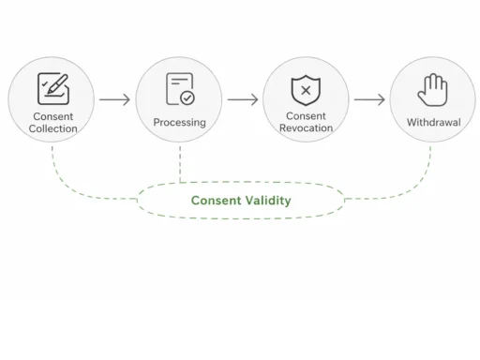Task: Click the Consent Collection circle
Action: pyautogui.click(x=52, y=99)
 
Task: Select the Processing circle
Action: pyautogui.click(x=179, y=99)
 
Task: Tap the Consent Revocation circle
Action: pyautogui.click(x=306, y=99)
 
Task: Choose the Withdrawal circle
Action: pyautogui.click(x=432, y=99)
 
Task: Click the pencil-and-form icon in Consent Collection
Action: pyautogui.click(x=52, y=88)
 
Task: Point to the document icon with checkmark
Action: pyautogui.click(x=179, y=89)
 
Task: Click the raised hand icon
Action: pyautogui.click(x=432, y=90)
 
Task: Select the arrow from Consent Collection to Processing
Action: pyautogui.click(x=114, y=99)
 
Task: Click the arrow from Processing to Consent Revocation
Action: pyautogui.click(x=242, y=99)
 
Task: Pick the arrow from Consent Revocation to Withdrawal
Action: pyautogui.click(x=369, y=99)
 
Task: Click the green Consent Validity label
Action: pyautogui.click(x=241, y=201)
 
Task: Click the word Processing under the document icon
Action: pyautogui.click(x=179, y=123)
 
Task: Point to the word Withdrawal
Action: pyautogui.click(x=432, y=123)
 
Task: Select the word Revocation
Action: pyautogui.click(x=306, y=128)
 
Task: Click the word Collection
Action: pyautogui.click(x=52, y=128)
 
